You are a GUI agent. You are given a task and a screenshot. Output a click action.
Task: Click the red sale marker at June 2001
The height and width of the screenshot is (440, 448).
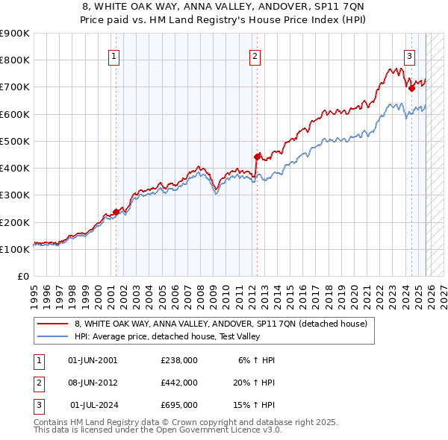[x=116, y=211]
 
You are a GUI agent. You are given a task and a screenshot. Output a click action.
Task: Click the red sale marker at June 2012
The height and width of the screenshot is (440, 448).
[x=257, y=157]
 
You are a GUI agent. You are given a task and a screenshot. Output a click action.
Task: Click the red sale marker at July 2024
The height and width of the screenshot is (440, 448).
[x=411, y=88]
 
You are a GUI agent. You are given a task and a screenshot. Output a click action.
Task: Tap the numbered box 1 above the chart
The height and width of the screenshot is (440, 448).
[x=114, y=55]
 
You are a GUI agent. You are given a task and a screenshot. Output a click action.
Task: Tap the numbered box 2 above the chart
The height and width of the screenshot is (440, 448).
[x=255, y=55]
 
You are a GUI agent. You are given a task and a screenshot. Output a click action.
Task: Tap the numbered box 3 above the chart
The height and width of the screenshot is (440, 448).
[x=410, y=55]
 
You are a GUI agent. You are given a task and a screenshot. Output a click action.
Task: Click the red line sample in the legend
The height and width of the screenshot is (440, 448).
[x=53, y=324]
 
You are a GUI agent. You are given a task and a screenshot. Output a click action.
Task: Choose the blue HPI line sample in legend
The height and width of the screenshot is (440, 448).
[x=53, y=336]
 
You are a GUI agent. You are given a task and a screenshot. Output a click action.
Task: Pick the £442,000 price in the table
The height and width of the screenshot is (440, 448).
[x=179, y=383]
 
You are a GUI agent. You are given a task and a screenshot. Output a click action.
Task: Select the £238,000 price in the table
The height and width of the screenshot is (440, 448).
[x=179, y=360]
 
